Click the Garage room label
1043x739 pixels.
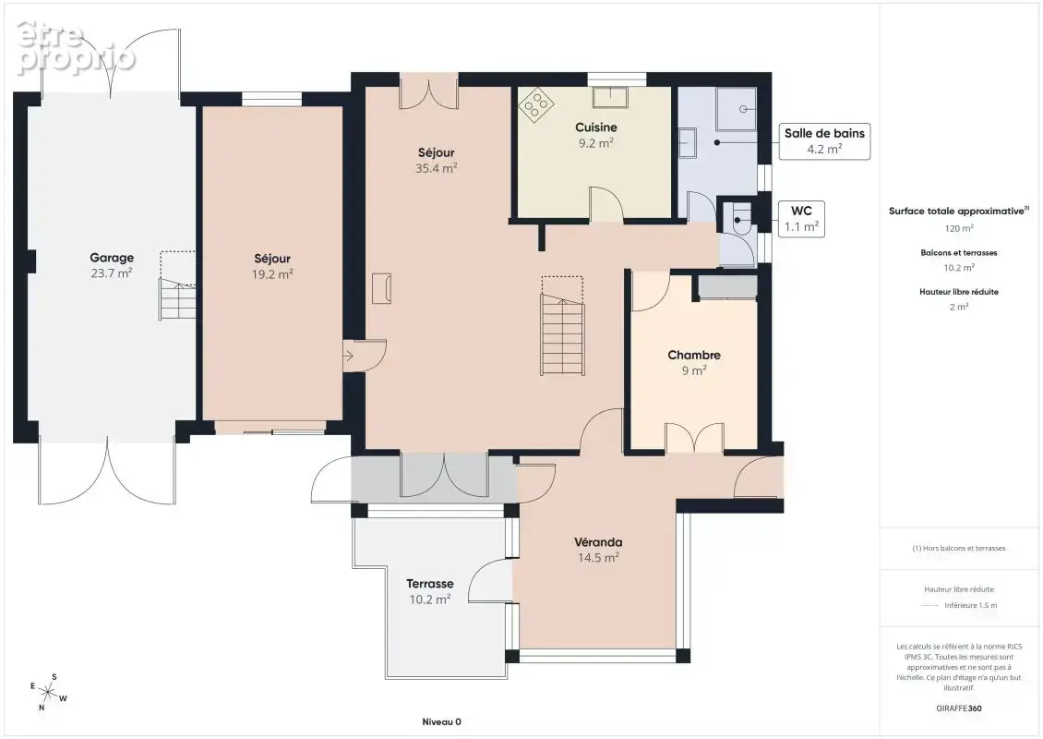pos(112,258)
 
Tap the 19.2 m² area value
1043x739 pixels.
pos(272,273)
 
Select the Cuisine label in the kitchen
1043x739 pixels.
pos(596,127)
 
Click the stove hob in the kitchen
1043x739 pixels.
pos(536,104)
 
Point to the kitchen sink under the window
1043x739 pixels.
pos(611,97)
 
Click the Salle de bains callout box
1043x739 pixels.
pos(824,141)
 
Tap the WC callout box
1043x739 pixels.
pos(801,218)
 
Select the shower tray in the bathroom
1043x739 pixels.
pos(736,108)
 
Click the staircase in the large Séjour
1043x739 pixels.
pos(562,326)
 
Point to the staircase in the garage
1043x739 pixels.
pos(177,286)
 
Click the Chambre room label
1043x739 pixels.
pos(694,355)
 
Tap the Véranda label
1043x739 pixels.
pos(598,542)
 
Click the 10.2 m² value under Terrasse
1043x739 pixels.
pos(430,600)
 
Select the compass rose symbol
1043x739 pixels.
pos(48,693)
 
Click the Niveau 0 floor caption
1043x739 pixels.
pos(442,721)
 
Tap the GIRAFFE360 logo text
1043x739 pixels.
pos(958,708)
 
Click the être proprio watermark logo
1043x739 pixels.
pos(75,48)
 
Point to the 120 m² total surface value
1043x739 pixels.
pos(959,228)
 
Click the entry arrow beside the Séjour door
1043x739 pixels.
pos(348,357)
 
